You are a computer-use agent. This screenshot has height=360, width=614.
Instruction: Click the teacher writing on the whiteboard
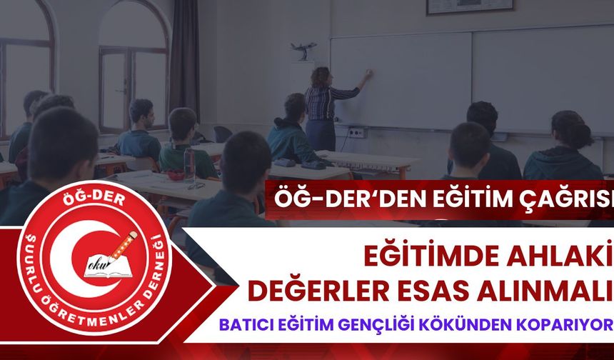[x=325, y=107]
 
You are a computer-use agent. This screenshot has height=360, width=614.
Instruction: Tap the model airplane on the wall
[x=303, y=49]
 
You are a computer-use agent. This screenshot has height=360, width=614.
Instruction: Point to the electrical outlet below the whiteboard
[x=356, y=132]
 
